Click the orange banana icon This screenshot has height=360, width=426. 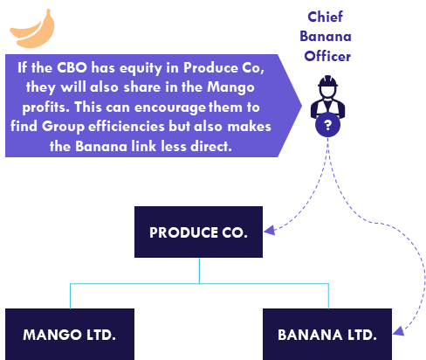(x=32, y=29)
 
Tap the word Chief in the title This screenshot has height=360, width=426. (x=325, y=17)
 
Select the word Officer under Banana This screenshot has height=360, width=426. (x=327, y=56)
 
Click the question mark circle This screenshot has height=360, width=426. (x=327, y=125)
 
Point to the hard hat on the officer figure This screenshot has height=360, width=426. (x=327, y=81)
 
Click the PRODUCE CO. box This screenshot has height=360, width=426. (x=198, y=232)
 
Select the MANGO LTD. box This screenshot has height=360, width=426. (x=70, y=335)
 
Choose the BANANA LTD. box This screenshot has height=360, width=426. (x=327, y=335)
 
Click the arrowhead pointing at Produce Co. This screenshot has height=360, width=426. (x=270, y=230)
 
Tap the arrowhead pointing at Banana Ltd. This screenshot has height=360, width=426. (x=399, y=331)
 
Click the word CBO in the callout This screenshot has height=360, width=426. (x=72, y=67)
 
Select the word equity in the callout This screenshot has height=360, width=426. (x=141, y=69)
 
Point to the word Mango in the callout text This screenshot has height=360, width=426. (x=230, y=87)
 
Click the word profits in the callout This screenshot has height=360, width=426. (x=46, y=107)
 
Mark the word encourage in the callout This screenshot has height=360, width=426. (x=170, y=108)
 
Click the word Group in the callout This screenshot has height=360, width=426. (x=63, y=128)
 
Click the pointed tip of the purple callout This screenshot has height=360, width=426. (x=301, y=106)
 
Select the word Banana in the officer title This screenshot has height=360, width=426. (x=326, y=37)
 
